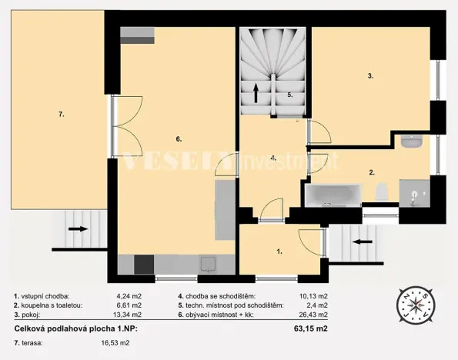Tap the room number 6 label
tap(178, 139)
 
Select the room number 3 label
tap(370, 75)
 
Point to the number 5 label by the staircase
tap(290, 95)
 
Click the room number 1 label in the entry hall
tap(279, 251)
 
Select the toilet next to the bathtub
tap(380, 192)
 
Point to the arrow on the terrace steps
tap(78, 228)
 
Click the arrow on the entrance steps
tap(357, 240)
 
